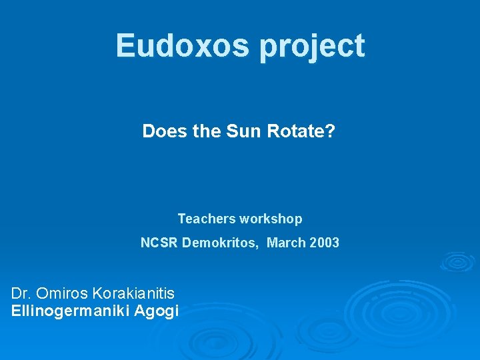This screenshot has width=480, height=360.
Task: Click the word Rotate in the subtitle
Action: point(295,131)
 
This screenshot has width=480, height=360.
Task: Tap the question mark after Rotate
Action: point(330,131)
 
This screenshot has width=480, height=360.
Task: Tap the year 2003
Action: point(325,243)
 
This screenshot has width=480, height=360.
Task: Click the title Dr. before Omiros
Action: point(21,293)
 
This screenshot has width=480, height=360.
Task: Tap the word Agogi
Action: point(157,311)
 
